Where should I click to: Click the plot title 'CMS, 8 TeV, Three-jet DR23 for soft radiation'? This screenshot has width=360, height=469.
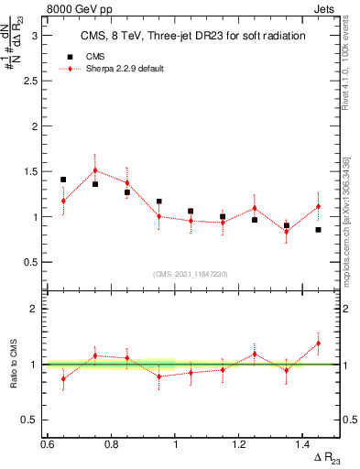(x=180, y=36)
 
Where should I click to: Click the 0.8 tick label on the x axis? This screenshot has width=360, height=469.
(x=112, y=443)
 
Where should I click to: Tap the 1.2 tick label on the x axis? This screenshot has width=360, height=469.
(x=240, y=443)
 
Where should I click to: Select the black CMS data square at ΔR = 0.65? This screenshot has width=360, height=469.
(x=63, y=180)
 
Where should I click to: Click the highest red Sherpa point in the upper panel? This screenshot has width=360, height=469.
(x=95, y=170)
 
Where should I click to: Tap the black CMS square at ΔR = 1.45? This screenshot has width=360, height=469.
(x=318, y=230)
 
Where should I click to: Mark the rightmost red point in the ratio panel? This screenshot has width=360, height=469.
(x=318, y=344)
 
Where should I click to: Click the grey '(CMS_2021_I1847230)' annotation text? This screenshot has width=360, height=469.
(x=191, y=274)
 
